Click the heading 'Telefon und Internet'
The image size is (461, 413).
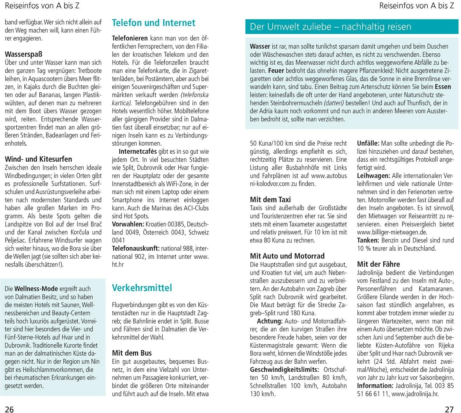tap(153, 23)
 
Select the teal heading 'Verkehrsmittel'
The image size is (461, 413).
tap(142, 288)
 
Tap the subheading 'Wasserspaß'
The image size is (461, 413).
tap(23, 54)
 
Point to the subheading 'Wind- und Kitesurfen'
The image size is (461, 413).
tap(38, 159)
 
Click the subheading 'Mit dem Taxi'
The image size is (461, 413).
tap(270, 199)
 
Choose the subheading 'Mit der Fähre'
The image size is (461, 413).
tap(378, 264)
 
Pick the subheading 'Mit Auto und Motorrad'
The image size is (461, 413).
tap(287, 256)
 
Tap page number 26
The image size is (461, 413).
tap(9, 409)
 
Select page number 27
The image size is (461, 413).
tap(449, 409)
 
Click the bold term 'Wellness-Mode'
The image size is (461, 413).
tap(36, 289)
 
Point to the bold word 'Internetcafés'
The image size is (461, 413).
tap(138, 151)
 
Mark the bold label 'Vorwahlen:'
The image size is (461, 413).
tap(128, 224)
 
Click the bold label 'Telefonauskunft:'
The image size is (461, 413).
tap(136, 248)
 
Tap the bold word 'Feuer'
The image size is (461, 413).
tap(276, 71)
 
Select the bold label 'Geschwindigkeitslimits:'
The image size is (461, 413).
tap(284, 369)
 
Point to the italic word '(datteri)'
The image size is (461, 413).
tap(334, 103)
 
